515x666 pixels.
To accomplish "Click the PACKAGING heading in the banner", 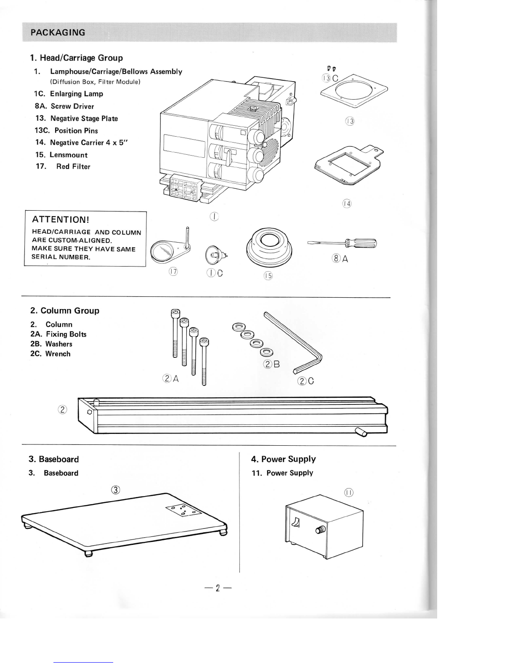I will coord(58,32).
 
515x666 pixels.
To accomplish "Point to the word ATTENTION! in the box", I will coord(61,219).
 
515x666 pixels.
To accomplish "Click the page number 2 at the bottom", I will coord(218,588).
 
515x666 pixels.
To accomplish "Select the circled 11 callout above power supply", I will coord(349,492).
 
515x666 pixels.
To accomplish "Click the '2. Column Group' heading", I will coord(65,311).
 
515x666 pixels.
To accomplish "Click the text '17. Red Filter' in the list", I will coord(63,166).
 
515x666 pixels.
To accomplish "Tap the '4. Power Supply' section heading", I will coord(283,459).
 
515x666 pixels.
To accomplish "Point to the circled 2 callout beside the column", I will coord(62,410).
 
